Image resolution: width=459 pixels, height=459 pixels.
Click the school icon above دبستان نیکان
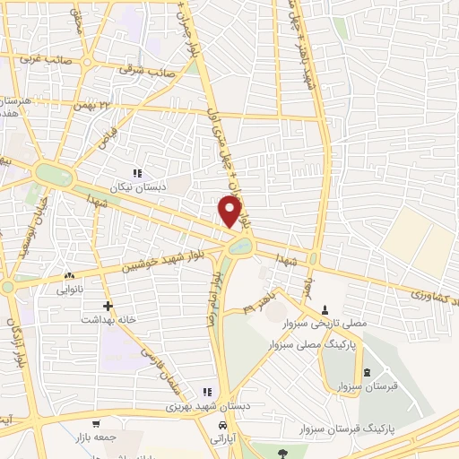click(x=137, y=173)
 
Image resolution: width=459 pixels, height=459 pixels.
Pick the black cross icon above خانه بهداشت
click(x=107, y=305)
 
